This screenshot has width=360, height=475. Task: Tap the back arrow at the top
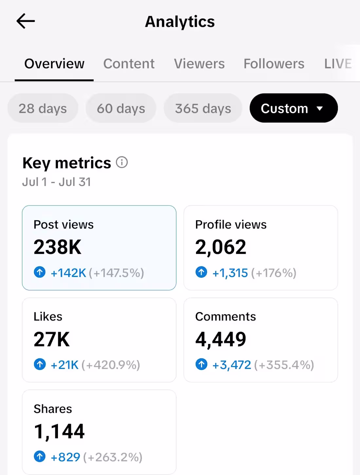pyautogui.click(x=26, y=21)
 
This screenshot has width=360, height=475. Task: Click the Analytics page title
pyautogui.click(x=180, y=22)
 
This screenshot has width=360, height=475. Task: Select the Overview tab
pyautogui.click(x=54, y=64)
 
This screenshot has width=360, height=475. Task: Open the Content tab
pyautogui.click(x=129, y=64)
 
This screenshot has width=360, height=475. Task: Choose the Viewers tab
pyautogui.click(x=199, y=64)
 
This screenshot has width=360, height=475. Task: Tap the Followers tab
pyautogui.click(x=274, y=64)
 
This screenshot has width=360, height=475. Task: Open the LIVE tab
pyautogui.click(x=338, y=64)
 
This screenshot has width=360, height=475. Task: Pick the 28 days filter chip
pyautogui.click(x=43, y=108)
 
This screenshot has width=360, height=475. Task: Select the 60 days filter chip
pyautogui.click(x=121, y=108)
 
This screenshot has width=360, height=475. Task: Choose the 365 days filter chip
pyautogui.click(x=203, y=108)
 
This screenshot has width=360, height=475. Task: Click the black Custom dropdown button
pyautogui.click(x=294, y=108)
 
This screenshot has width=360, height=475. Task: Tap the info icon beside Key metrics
pyautogui.click(x=122, y=162)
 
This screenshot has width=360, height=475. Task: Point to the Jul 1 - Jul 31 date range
pyautogui.click(x=57, y=182)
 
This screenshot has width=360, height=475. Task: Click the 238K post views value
pyautogui.click(x=57, y=247)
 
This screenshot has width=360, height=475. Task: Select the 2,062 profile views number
pyautogui.click(x=221, y=247)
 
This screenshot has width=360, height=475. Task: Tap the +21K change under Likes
pyautogui.click(x=64, y=365)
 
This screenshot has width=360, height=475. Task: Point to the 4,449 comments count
pyautogui.click(x=221, y=339)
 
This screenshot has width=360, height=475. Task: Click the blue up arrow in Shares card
pyautogui.click(x=40, y=456)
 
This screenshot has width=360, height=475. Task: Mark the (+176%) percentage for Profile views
pyautogui.click(x=274, y=273)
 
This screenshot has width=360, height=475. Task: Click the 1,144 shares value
pyautogui.click(x=59, y=431)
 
